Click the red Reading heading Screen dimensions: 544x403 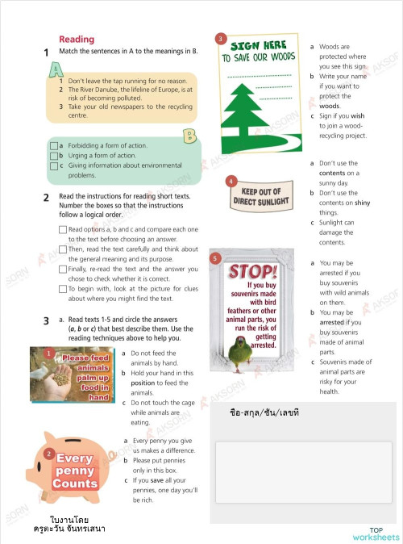click(77, 39)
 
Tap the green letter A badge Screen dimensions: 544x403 click(56, 71)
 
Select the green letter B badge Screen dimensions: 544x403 click(190, 135)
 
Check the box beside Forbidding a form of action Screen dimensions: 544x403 click(53, 146)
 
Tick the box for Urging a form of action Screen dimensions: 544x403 click(53, 156)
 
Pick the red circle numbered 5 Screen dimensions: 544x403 click(214, 258)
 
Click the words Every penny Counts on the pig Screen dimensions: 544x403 click(74, 471)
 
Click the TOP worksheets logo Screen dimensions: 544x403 click(375, 534)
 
